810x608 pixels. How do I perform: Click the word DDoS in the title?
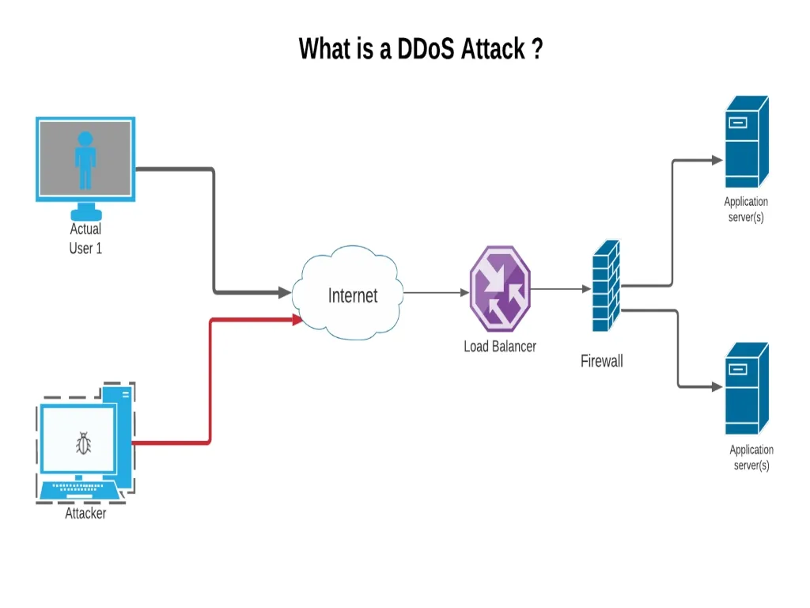coord(426,49)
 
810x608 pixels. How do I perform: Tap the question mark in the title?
coord(537,49)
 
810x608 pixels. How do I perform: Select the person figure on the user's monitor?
coord(85,161)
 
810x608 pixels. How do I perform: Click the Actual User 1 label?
coord(85,238)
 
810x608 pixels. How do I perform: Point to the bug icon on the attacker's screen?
coord(83,443)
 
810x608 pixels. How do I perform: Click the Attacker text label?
coord(85,513)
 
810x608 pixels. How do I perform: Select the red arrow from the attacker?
coord(210,380)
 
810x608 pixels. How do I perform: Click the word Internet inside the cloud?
coord(353,296)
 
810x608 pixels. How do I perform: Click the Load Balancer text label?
coord(500,346)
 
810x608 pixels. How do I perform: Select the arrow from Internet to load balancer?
coord(435,292)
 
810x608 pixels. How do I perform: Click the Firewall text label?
coord(602,362)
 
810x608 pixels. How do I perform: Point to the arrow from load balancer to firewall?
coord(560,289)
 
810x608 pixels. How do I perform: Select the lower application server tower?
coord(746,388)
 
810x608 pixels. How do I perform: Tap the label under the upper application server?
coord(746,209)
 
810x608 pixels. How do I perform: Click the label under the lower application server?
coord(751,457)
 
